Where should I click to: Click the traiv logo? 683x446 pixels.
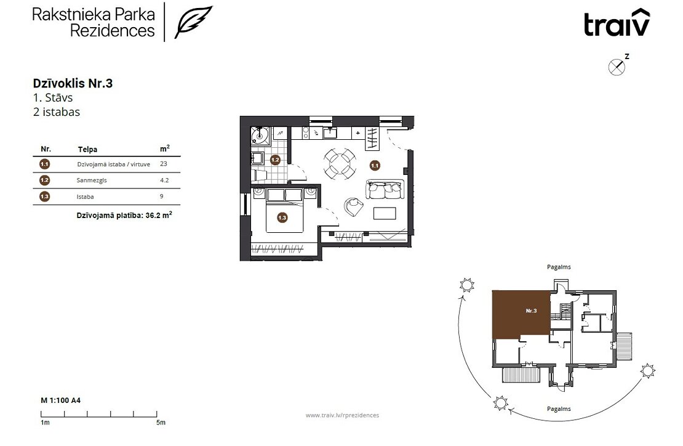pyautogui.click(x=617, y=23)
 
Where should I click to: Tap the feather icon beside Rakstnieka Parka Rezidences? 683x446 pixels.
pyautogui.click(x=193, y=22)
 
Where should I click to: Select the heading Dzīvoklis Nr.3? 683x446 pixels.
pyautogui.click(x=73, y=83)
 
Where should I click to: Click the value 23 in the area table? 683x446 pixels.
pyautogui.click(x=163, y=164)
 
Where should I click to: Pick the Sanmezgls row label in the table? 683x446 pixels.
pyautogui.click(x=92, y=180)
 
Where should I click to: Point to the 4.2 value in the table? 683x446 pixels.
pyautogui.click(x=164, y=180)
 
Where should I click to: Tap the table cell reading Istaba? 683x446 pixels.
pyautogui.click(x=85, y=197)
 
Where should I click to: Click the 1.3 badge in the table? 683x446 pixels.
pyautogui.click(x=44, y=197)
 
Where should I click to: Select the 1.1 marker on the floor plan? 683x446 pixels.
pyautogui.click(x=375, y=166)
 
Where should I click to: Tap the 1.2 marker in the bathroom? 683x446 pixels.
pyautogui.click(x=275, y=160)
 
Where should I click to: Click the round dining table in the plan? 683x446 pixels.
pyautogui.click(x=340, y=163)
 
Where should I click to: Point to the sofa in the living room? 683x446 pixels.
pyautogui.click(x=385, y=189)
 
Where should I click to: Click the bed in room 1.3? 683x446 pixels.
pyautogui.click(x=284, y=209)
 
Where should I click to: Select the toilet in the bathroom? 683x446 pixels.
pyautogui.click(x=259, y=176)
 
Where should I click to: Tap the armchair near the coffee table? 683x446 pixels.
pyautogui.click(x=353, y=206)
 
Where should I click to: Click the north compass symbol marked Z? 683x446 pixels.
pyautogui.click(x=617, y=67)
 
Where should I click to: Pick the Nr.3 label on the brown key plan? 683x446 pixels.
pyautogui.click(x=531, y=311)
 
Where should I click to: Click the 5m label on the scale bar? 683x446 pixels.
pyautogui.click(x=161, y=423)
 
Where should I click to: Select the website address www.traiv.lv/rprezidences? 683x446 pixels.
pyautogui.click(x=342, y=415)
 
